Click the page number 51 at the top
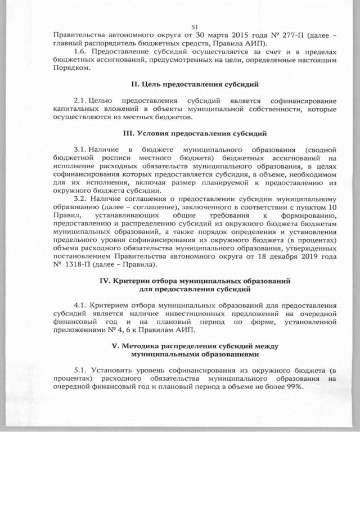point(196,26)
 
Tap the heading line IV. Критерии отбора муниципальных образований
point(195,281)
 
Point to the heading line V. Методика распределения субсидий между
point(195,346)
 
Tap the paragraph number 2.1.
point(81,101)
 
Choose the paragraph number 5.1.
point(81,371)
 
